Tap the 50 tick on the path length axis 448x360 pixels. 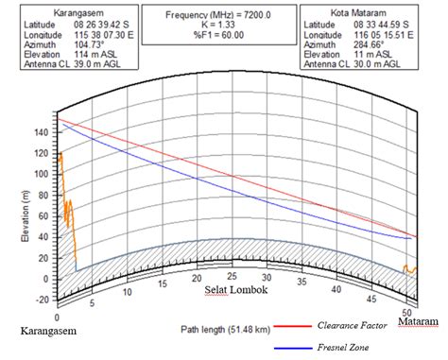point(406,311)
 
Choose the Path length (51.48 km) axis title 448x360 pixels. point(224,330)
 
